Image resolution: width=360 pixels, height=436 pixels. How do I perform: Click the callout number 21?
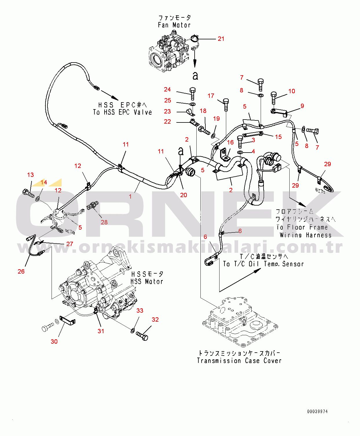pyautogui.click(x=221, y=39)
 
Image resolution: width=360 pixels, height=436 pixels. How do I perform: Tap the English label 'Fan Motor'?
pyautogui.click(x=174, y=25)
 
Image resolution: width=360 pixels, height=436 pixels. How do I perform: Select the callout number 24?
pyautogui.click(x=167, y=89)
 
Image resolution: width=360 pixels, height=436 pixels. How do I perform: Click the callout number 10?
pyautogui.click(x=292, y=91)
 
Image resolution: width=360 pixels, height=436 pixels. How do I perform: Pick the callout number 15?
pyautogui.click(x=278, y=137)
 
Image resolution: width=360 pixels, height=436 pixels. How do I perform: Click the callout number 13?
pyautogui.click(x=30, y=175)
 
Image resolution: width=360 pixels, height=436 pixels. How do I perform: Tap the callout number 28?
pyautogui.click(x=104, y=222)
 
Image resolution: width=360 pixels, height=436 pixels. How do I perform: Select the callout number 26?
pyautogui.click(x=21, y=271)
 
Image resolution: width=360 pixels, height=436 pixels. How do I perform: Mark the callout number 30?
pyautogui.click(x=54, y=341)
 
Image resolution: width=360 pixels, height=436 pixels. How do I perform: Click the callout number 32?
pyautogui.click(x=155, y=320)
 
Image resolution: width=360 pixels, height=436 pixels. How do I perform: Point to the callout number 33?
pyautogui.click(x=140, y=311)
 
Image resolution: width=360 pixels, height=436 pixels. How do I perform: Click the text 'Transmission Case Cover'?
pyautogui.click(x=239, y=361)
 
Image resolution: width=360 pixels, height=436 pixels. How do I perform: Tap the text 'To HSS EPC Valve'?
pyautogui.click(x=122, y=112)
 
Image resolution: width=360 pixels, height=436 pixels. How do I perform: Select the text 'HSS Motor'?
pyautogui.click(x=147, y=281)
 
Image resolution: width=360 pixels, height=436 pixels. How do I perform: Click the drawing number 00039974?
pyautogui.click(x=318, y=411)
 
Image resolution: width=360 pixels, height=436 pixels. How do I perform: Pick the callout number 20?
pyautogui.click(x=183, y=195)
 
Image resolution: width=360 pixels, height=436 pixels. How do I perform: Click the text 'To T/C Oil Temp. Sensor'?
pyautogui.click(x=263, y=264)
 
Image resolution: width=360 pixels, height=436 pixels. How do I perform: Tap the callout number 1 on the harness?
pyautogui.click(x=130, y=197)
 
